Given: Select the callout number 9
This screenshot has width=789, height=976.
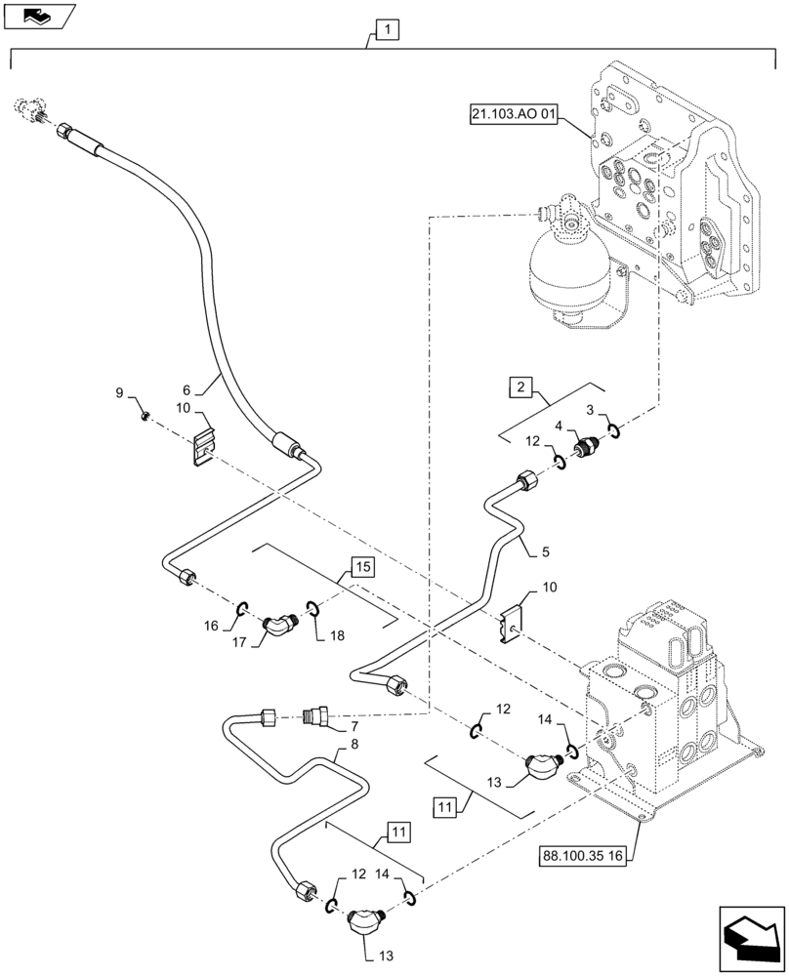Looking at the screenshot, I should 120,392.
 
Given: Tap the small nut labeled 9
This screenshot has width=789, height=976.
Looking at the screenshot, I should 144,417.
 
